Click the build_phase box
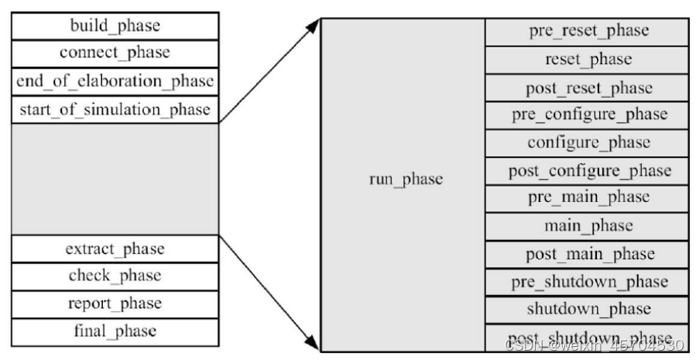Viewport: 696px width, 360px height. point(115,26)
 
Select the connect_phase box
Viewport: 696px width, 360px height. point(115,53)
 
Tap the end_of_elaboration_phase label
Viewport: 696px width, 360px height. point(115,81)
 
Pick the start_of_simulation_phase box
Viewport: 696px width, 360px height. point(115,109)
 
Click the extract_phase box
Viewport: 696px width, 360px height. point(115,249)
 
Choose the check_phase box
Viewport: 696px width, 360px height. point(115,276)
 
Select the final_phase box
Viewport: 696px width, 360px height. point(115,331)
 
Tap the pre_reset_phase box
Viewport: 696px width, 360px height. point(588,31)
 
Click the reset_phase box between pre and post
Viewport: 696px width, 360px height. point(588,59)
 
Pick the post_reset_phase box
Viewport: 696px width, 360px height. point(588,87)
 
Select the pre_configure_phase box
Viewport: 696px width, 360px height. point(588,115)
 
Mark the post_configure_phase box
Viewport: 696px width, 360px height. point(588,170)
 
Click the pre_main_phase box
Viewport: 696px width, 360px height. point(588,198)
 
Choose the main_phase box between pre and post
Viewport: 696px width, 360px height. point(588,226)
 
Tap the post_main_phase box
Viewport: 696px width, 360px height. point(588,254)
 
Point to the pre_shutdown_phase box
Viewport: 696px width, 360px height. point(588,282)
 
